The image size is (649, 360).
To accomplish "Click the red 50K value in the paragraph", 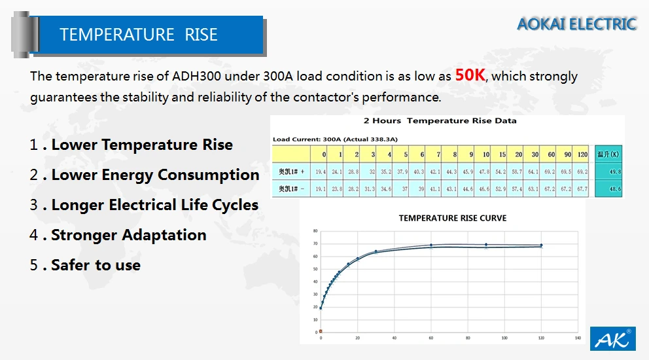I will pyautogui.click(x=470, y=75).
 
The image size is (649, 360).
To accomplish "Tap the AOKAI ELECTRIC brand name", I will pyautogui.click(x=576, y=24).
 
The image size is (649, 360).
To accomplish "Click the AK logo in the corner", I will pyautogui.click(x=613, y=339).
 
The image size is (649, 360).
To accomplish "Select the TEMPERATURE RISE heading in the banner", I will pyautogui.click(x=139, y=35).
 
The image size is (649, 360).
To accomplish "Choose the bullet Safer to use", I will pyautogui.click(x=96, y=265).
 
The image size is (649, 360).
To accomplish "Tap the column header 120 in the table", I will pyautogui.click(x=583, y=154).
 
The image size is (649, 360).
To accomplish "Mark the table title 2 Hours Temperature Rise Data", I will pyautogui.click(x=440, y=120).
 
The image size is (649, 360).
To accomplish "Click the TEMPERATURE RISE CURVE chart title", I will pyautogui.click(x=452, y=218).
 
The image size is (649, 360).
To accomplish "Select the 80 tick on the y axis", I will pyautogui.click(x=315, y=231).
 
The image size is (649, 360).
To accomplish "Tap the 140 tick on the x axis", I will pyautogui.click(x=578, y=338).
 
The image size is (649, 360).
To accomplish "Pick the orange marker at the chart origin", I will pyautogui.click(x=321, y=331).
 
